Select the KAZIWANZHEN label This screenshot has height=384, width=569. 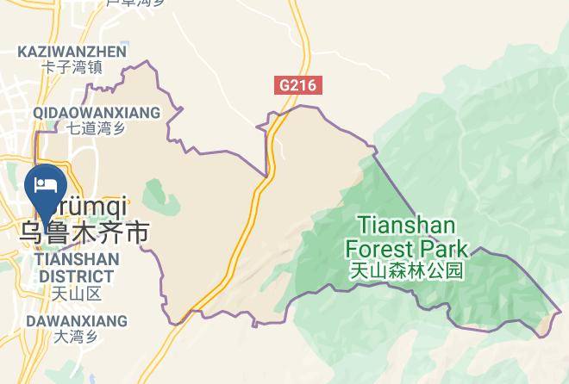tap(72, 52)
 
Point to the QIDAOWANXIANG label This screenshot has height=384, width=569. tap(97, 113)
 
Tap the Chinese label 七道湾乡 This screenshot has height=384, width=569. tap(96, 129)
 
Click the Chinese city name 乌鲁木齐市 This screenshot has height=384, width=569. tap(84, 232)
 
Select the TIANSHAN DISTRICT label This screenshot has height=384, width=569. tap(74, 268)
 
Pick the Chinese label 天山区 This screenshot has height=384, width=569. tap(76, 294)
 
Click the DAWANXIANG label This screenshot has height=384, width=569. tap(76, 321)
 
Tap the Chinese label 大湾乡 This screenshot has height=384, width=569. tap(76, 337)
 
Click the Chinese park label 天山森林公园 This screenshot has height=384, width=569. tap(407, 271)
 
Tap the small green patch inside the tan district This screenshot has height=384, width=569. tap(156, 195)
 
